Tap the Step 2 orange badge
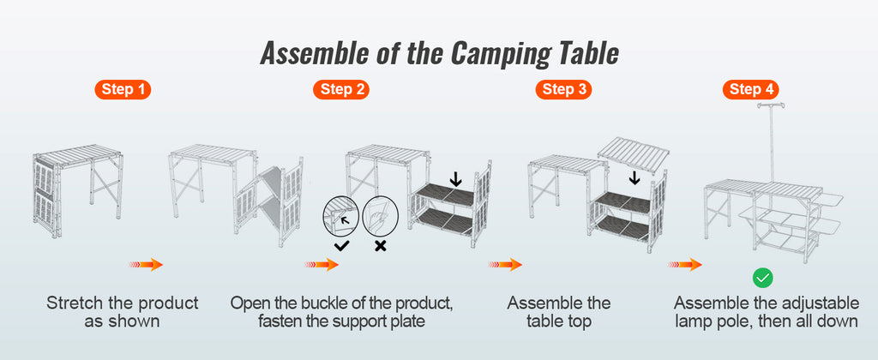343,89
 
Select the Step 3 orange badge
564,89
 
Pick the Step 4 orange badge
751,89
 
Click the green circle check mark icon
762,277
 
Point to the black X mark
380,246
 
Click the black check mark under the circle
341,246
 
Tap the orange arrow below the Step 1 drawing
146,265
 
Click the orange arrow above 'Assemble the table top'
506,265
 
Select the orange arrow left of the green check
685,265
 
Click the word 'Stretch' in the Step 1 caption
75,303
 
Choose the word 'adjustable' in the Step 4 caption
815,303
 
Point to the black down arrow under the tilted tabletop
634,177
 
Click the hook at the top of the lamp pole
771,106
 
